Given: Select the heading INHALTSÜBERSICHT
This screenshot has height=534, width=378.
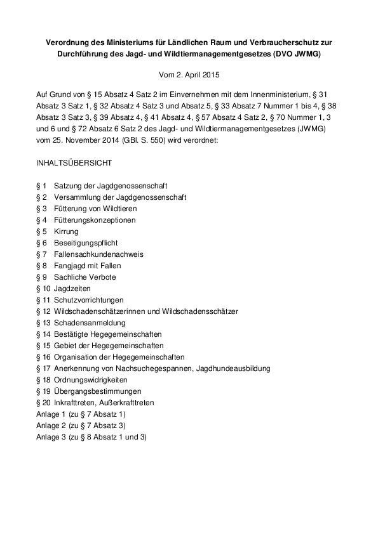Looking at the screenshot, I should pyautogui.click(x=74, y=163).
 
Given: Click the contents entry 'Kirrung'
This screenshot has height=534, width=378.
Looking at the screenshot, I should pyautogui.click(x=66, y=231).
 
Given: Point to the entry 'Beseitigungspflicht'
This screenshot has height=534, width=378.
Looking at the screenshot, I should pyautogui.click(x=86, y=243).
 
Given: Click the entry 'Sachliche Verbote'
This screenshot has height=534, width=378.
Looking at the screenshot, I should pyautogui.click(x=84, y=277).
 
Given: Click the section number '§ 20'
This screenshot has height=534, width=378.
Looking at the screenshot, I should pyautogui.click(x=43, y=403).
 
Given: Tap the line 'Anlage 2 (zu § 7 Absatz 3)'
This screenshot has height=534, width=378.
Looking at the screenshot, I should pyautogui.click(x=81, y=426).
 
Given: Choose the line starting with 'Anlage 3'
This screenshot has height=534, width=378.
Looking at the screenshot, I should pyautogui.click(x=91, y=437).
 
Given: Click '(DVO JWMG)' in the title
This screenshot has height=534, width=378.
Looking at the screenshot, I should pyautogui.click(x=299, y=54).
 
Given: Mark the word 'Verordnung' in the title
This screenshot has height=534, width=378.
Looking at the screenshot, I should pyautogui.click(x=69, y=42).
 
